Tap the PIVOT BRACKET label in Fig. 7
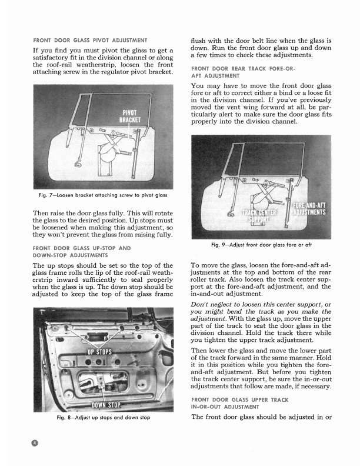click(129, 132)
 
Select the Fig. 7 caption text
click(102, 195)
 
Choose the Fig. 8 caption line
click(103, 418)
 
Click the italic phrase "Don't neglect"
click(211, 304)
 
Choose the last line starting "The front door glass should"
click(262, 417)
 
